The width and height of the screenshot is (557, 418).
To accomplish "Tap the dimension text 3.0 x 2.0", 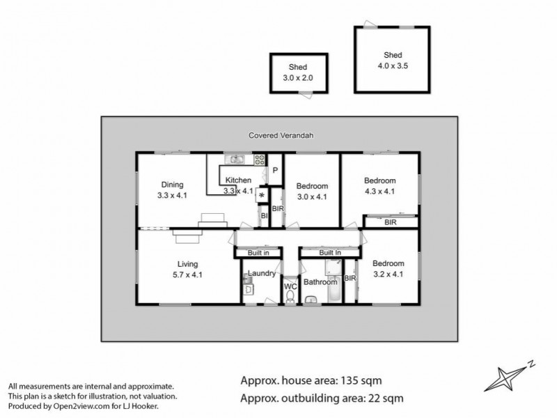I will point(298,78).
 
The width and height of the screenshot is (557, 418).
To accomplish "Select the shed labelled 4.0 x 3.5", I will point(391,60).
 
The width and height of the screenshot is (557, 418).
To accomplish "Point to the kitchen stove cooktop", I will point(259,160).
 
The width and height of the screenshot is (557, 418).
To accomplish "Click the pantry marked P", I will point(275,171).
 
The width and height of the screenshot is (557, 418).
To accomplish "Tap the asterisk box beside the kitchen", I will point(262,196).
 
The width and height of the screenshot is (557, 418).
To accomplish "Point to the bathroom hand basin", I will point(311,300).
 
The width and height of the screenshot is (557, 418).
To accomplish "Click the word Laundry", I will point(261,274).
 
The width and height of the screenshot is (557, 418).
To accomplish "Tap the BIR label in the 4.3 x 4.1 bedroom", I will point(391,222).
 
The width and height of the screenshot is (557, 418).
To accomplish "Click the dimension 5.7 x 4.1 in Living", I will point(188,275).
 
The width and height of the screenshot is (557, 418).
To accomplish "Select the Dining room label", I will point(172,185).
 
